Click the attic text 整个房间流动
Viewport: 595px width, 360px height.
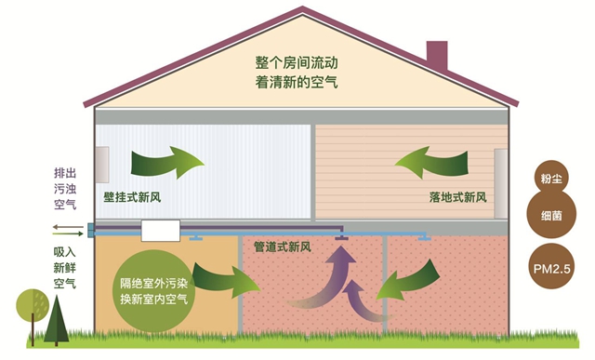click(297, 62)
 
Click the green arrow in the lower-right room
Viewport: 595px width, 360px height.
click(412, 279)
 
